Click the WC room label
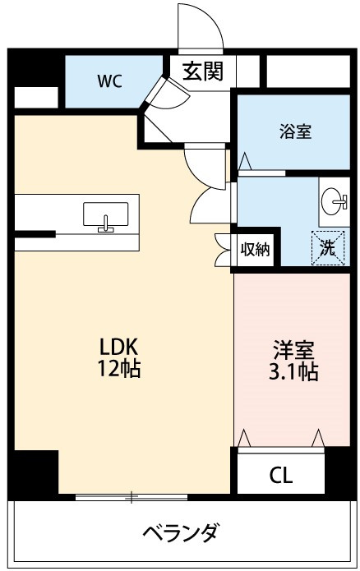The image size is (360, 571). [110, 81]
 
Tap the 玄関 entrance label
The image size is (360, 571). [201, 71]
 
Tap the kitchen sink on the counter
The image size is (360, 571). [105, 216]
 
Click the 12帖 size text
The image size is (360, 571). [118, 369]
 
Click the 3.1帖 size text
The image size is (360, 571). [293, 371]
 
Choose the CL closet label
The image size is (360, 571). [280, 475]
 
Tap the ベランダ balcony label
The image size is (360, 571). [180, 534]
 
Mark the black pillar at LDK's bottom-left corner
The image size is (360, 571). [35, 473]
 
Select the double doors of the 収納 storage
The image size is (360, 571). [223, 251]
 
